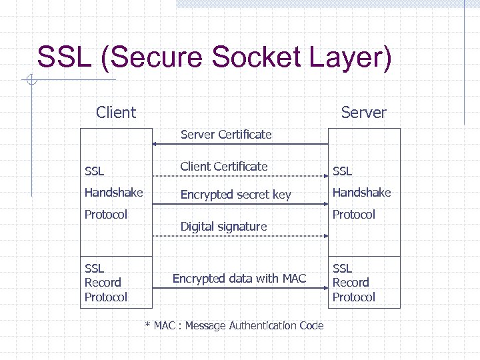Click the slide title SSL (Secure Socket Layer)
click(x=214, y=57)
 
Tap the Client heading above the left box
click(x=116, y=113)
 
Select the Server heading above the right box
click(x=363, y=113)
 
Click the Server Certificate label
click(x=226, y=135)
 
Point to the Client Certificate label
click(x=223, y=166)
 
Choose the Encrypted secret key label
click(x=235, y=195)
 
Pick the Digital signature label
click(x=223, y=227)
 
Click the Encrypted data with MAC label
click(x=239, y=279)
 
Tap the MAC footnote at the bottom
click(x=234, y=326)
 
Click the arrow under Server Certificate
click(x=240, y=144)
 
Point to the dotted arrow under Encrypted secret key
click(x=240, y=204)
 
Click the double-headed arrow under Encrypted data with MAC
click(x=240, y=288)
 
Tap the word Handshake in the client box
click(x=113, y=193)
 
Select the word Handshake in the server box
click(x=361, y=193)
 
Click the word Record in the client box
click(x=103, y=283)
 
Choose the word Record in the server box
click(x=351, y=283)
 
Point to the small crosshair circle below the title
click(x=30, y=81)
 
